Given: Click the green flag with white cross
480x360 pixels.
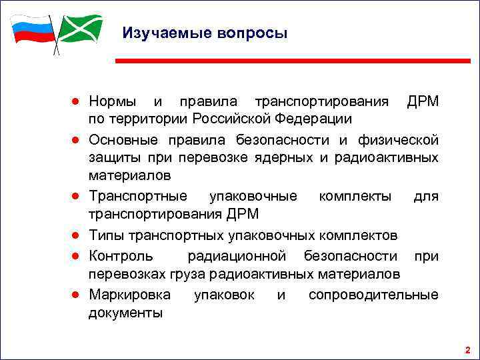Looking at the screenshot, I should [81, 28].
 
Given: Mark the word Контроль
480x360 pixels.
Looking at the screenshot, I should [121, 255].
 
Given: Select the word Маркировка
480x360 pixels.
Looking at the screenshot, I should [129, 294].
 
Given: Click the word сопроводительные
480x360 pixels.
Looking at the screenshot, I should [373, 294].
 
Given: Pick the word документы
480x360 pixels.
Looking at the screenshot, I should [125, 313].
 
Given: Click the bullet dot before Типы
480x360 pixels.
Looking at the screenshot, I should [78, 236].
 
